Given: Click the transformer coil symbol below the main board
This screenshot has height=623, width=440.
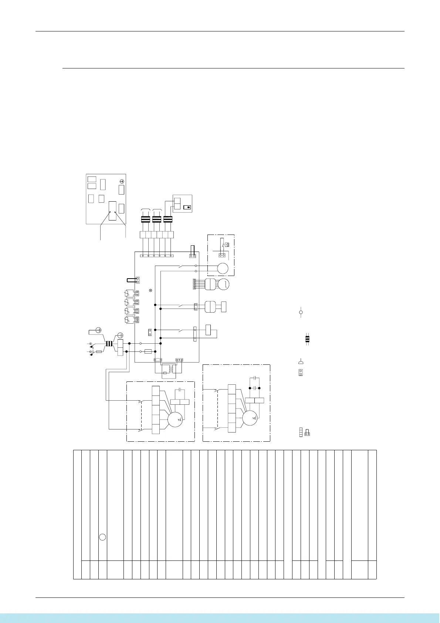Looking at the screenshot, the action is (x=169, y=370).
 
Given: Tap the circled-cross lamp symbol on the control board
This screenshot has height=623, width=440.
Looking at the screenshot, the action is (x=150, y=290).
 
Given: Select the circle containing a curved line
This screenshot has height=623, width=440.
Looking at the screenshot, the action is (x=224, y=284).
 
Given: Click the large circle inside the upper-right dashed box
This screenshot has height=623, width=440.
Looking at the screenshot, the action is (x=222, y=268).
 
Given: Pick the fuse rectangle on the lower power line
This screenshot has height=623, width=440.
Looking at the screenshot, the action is (x=148, y=351).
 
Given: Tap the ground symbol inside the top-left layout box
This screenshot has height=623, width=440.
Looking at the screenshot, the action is (x=122, y=181).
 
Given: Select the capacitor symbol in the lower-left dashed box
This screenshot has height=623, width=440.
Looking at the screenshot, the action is (x=179, y=390).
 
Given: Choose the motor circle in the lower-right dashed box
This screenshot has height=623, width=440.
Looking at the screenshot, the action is (x=250, y=418).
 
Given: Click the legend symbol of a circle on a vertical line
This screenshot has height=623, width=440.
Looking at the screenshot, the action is (x=301, y=313).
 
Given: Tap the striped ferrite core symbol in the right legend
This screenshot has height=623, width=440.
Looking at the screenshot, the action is (x=307, y=339).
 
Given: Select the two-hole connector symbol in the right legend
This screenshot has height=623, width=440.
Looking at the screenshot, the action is (x=301, y=372).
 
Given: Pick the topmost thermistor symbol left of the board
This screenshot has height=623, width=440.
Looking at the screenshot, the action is (x=129, y=293).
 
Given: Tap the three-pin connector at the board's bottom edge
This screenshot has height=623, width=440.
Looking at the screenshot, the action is (x=180, y=359).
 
